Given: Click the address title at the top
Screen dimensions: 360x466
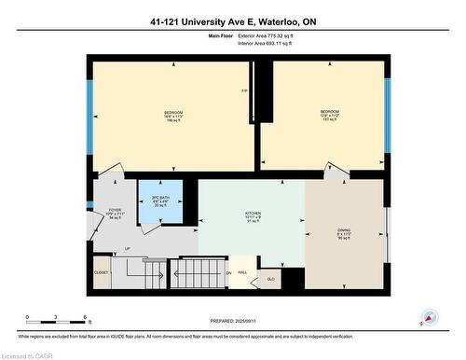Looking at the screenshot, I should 232,21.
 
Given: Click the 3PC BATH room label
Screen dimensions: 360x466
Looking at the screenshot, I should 160,201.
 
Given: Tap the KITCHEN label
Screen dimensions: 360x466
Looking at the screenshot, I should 250,216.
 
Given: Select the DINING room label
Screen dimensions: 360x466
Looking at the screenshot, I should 344,233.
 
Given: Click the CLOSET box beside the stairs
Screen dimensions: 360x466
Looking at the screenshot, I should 102,272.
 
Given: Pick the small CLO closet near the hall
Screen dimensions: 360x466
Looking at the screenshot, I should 270,279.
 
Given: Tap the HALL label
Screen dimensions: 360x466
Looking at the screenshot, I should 242,272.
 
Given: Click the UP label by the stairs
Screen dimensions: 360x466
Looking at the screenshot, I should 127,249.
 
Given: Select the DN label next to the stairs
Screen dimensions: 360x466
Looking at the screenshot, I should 228,272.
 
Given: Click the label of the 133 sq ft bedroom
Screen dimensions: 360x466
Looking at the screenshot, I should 325,116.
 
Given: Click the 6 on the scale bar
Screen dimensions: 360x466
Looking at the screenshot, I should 86,318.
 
